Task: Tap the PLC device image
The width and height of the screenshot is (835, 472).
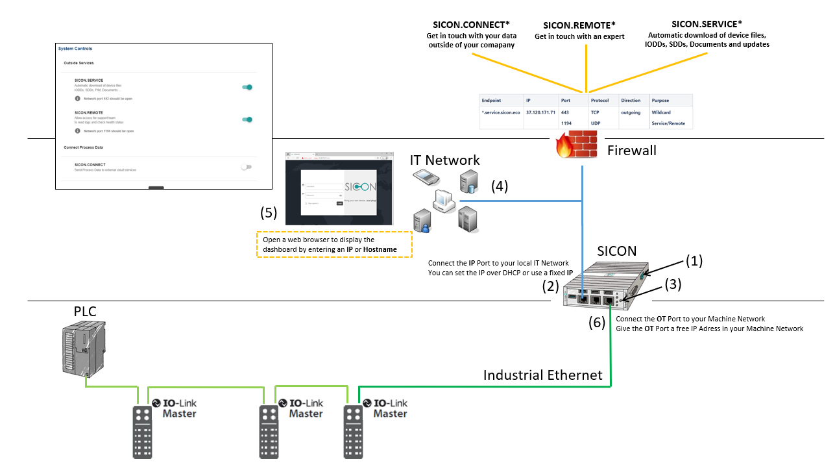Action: (x=82, y=349)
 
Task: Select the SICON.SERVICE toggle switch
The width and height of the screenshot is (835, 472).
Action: (x=247, y=87)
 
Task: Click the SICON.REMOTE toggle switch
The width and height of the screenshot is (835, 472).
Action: (x=247, y=119)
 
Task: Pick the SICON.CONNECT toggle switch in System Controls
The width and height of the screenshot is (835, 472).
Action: (x=246, y=167)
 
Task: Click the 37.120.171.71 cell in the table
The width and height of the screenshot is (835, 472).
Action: (x=540, y=112)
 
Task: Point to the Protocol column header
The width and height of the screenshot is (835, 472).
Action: (x=601, y=101)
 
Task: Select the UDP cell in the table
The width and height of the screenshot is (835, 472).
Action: (x=596, y=123)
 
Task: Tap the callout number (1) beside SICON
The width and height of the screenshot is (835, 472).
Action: (x=694, y=261)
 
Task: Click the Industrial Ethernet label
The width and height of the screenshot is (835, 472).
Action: (x=542, y=375)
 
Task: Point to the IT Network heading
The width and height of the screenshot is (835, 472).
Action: (x=444, y=160)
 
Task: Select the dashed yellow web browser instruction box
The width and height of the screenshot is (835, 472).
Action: (x=335, y=245)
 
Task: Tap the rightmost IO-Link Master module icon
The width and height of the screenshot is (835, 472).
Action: (x=353, y=431)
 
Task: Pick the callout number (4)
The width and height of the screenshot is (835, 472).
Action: (x=499, y=186)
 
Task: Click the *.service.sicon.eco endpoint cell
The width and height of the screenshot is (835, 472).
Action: (x=500, y=112)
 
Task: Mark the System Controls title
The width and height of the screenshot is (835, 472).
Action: (x=75, y=49)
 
